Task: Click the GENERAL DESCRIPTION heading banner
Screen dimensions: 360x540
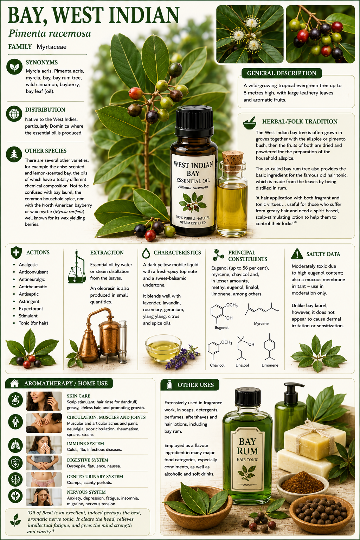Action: [x=281, y=73]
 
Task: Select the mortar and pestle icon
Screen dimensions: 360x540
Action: [x=250, y=123]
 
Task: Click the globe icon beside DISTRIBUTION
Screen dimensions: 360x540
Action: [x=14, y=114]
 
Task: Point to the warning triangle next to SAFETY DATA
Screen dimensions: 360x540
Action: [x=297, y=254]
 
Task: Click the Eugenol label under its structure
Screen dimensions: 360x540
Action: [x=221, y=328]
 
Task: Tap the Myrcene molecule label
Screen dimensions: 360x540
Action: [x=261, y=323]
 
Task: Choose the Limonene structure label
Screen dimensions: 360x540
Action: [x=270, y=365]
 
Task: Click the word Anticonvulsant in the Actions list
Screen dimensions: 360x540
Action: [x=33, y=272]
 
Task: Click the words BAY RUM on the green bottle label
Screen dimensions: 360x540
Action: [x=247, y=446]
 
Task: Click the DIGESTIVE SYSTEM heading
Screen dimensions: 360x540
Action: [x=88, y=460]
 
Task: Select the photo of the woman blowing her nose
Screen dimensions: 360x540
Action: [x=44, y=444]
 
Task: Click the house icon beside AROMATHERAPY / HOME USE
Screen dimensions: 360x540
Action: [x=15, y=383]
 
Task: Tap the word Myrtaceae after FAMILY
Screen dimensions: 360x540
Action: [x=51, y=47]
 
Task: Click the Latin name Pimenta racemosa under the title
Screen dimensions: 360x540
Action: [x=50, y=33]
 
